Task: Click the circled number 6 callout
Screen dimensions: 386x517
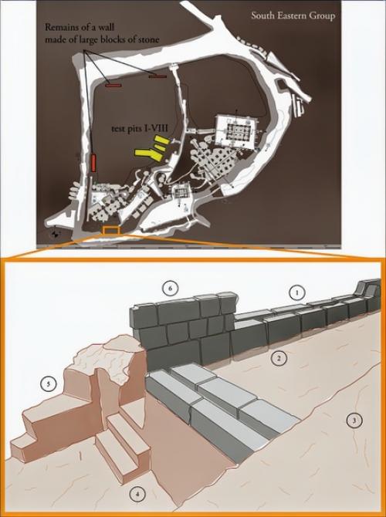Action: pyautogui.click(x=170, y=289)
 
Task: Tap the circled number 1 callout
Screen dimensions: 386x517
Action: pyautogui.click(x=297, y=292)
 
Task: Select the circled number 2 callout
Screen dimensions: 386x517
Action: pyautogui.click(x=279, y=358)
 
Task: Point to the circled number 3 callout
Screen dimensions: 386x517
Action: pyautogui.click(x=354, y=421)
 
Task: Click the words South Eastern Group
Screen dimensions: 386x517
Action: pyautogui.click(x=293, y=15)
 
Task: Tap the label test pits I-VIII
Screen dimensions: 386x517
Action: pyautogui.click(x=140, y=129)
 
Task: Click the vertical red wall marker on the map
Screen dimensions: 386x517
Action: pyautogui.click(x=93, y=163)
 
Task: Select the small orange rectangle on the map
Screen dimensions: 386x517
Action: pyautogui.click(x=111, y=230)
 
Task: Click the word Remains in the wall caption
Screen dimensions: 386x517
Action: pyautogui.click(x=60, y=27)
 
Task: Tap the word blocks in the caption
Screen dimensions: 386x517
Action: pyautogui.click(x=116, y=39)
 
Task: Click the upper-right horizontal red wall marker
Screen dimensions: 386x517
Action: pyautogui.click(x=157, y=76)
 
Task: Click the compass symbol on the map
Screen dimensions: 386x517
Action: pyautogui.click(x=56, y=235)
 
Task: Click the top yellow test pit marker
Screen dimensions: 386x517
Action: pyautogui.click(x=162, y=140)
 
